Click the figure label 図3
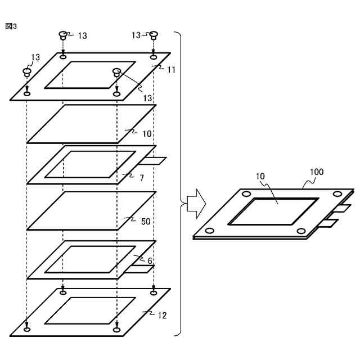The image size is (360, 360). coord(11,26)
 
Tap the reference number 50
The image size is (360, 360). coord(145,221)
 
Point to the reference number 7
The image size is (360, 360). coord(142,177)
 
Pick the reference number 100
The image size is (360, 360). coord(317,173)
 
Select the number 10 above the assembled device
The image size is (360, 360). coord(260,177)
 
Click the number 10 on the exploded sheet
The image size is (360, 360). coord(146,134)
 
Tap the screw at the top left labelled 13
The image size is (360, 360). coord(63,35)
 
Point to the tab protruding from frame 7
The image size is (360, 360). coord(154,161)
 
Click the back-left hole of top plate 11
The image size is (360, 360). coord(63,57)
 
